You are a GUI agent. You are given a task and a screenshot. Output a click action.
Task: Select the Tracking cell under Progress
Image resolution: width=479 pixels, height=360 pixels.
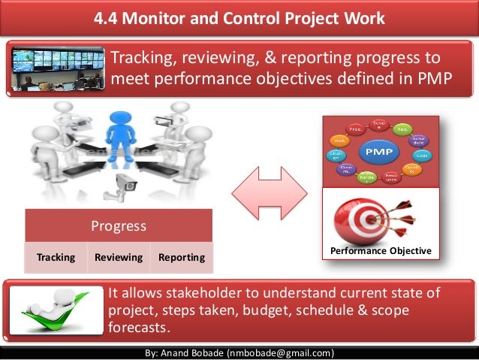56,257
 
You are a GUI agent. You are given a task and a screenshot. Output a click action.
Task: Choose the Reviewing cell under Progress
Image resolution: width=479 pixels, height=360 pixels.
119,257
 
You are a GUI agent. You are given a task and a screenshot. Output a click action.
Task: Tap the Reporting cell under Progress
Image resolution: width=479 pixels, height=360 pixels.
182,257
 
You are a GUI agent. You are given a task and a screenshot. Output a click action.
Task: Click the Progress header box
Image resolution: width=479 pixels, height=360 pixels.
119,225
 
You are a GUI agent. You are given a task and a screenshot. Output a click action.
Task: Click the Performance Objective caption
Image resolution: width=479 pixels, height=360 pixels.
381,250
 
